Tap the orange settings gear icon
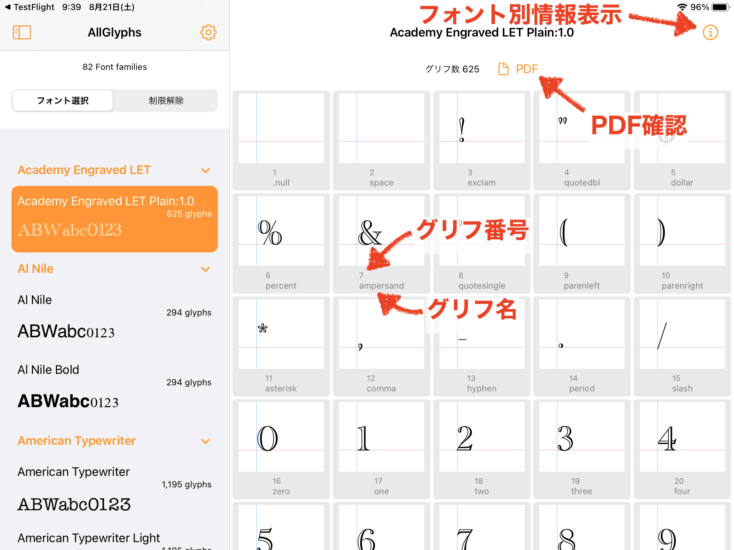tap(208, 33)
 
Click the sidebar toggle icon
tap(22, 33)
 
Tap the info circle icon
tap(710, 33)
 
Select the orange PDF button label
tap(526, 69)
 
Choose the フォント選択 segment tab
tap(63, 101)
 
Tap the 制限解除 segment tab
tap(166, 101)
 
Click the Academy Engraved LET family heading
tap(84, 170)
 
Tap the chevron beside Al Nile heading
tap(205, 269)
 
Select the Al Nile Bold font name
tap(48, 370)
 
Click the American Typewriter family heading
tap(77, 440)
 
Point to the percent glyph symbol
tap(270, 232)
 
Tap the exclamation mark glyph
tap(462, 130)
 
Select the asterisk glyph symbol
tap(263, 328)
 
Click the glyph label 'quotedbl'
tap(582, 183)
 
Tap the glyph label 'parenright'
tap(682, 286)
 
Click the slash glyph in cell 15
tap(662, 336)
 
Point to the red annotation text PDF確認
tap(639, 126)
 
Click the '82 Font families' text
tap(115, 67)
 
